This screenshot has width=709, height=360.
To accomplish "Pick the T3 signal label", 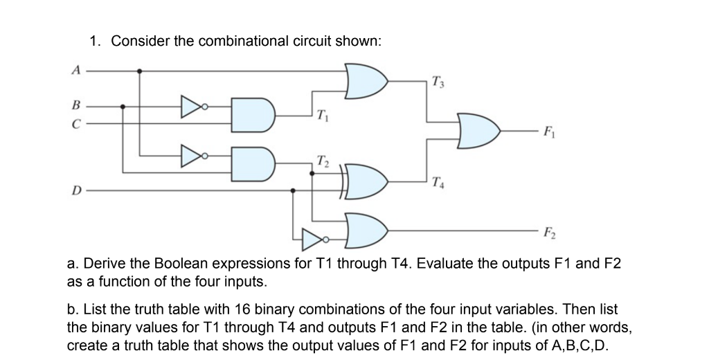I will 436,84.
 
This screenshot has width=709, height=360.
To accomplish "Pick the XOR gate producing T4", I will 364,181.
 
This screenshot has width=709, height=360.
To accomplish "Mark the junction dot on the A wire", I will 141,70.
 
